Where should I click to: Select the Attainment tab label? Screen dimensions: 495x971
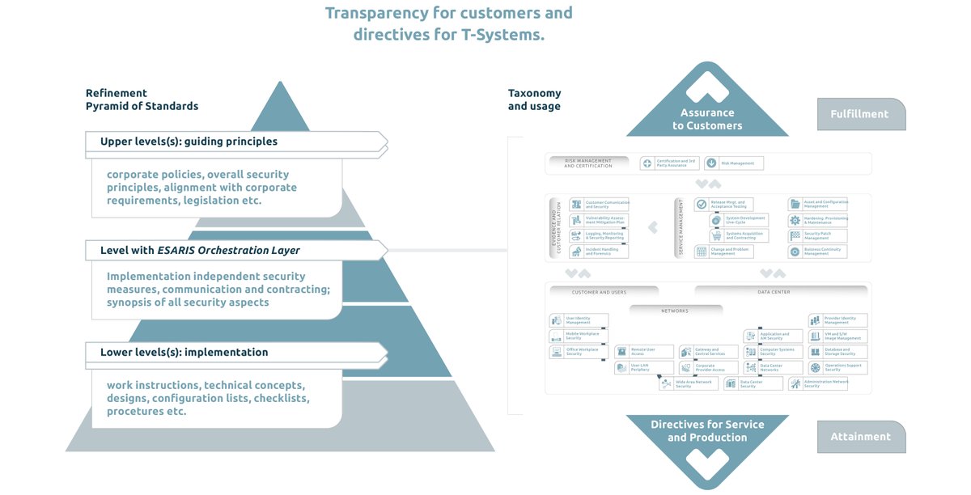point(860,437)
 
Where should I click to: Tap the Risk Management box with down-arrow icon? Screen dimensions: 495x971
point(733,163)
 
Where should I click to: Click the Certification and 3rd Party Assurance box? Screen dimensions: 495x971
point(669,163)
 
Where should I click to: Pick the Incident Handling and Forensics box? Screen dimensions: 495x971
point(599,252)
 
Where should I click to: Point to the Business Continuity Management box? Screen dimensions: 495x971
point(818,252)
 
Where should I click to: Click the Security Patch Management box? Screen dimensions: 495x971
point(818,235)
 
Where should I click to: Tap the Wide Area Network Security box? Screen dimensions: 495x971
point(687,384)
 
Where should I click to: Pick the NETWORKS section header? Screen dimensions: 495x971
point(675,311)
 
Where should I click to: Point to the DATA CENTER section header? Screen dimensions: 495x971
point(775,292)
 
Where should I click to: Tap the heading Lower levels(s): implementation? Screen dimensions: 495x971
point(184,353)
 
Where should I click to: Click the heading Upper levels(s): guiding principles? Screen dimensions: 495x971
point(189,142)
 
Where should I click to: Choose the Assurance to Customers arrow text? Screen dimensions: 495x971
point(707,120)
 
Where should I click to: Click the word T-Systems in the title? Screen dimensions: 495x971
point(502,34)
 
